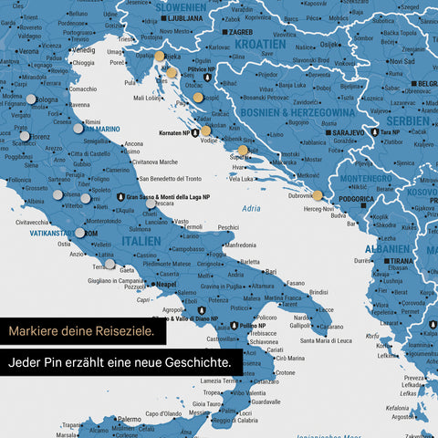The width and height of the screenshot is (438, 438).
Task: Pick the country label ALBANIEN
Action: [x=387, y=248]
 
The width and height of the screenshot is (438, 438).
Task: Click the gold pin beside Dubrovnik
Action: [x=317, y=195]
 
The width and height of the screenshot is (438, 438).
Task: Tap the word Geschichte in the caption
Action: [x=197, y=362]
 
